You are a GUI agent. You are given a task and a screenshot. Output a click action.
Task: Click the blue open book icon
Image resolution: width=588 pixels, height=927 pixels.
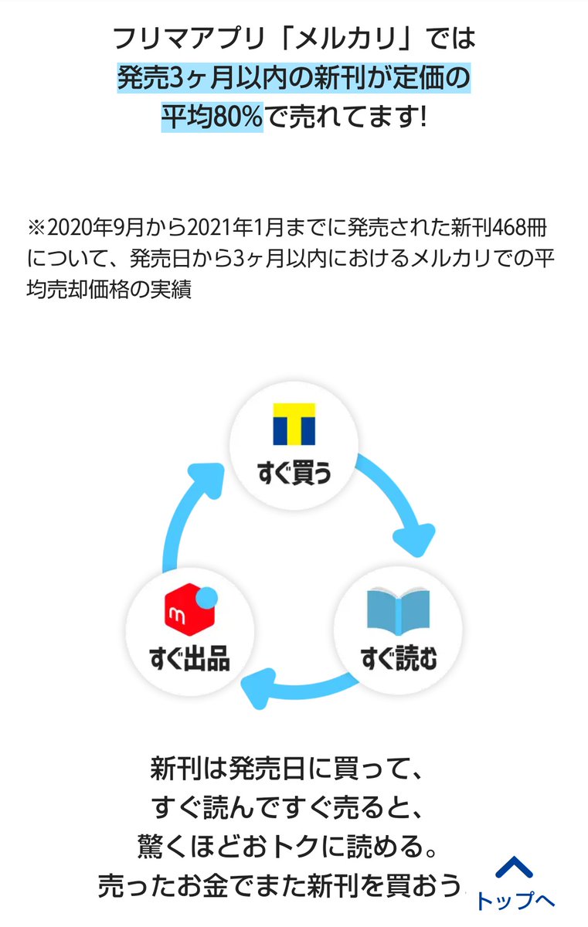pos(397,613)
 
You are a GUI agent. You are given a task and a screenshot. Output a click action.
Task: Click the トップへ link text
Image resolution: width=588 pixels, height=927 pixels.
pos(515,901)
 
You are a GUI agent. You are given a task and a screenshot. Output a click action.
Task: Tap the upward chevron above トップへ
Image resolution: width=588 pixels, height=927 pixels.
pos(515,868)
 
